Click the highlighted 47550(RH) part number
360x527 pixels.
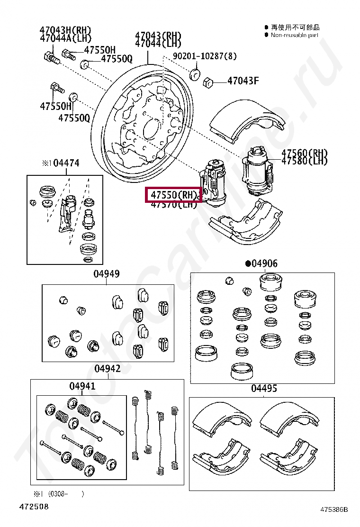[173, 194]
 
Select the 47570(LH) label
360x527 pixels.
[173, 205]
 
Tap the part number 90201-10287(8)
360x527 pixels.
[204, 56]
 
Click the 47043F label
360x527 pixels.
[243, 81]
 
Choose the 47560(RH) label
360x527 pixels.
[304, 153]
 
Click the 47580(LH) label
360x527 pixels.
[304, 161]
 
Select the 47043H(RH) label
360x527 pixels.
[65, 30]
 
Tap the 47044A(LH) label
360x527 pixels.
[65, 38]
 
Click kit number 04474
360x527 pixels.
[66, 163]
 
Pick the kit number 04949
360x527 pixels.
[106, 273]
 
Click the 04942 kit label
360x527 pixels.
[107, 369]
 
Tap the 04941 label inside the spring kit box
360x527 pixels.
[82, 386]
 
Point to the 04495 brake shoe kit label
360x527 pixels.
[264, 389]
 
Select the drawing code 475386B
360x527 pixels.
[334, 509]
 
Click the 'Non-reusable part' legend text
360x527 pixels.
[294, 35]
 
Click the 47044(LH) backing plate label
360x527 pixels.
[158, 44]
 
